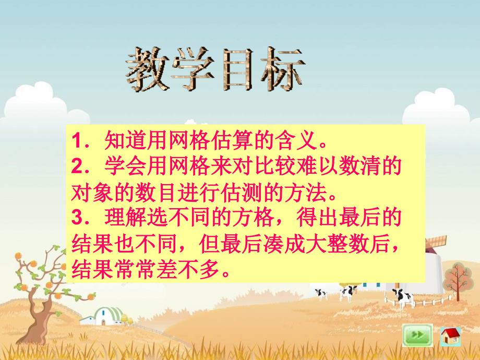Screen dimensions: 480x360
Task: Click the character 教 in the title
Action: point(148,69)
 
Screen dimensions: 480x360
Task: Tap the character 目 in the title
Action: point(238,69)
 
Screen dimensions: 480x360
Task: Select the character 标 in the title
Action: point(283,69)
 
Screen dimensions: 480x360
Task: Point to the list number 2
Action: point(77,166)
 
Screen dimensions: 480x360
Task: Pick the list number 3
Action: point(77,218)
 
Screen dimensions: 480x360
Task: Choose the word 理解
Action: point(125,218)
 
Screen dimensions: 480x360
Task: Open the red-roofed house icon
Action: point(450,336)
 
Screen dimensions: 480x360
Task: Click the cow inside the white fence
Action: point(403,297)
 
